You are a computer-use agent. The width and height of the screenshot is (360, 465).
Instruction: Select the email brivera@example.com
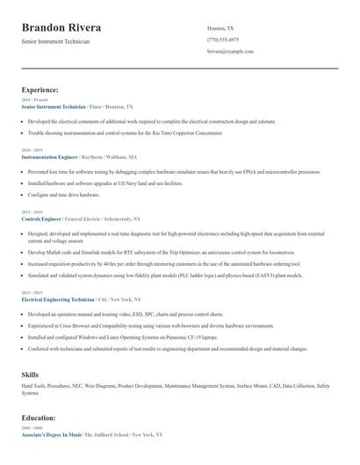click(230, 52)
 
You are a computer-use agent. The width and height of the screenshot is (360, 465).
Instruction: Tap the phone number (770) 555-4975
click(223, 39)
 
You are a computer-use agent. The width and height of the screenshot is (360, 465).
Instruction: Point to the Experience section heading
click(40, 89)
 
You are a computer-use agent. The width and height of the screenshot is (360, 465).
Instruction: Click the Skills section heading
click(30, 375)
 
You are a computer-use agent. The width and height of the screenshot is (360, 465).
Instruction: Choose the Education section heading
click(39, 418)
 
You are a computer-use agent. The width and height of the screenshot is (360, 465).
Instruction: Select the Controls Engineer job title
click(40, 218)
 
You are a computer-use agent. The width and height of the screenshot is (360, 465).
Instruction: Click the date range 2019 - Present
click(34, 100)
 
